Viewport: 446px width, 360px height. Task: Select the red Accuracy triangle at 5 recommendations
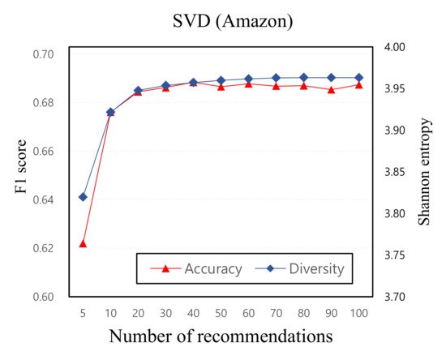83,243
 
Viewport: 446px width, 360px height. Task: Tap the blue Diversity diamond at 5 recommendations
83,196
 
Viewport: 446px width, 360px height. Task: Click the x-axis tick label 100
358,311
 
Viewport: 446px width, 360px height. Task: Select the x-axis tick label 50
221,311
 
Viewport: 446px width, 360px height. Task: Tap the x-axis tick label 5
83,311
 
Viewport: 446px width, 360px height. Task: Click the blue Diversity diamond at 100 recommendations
358,78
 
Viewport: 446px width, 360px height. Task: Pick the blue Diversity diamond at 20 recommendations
138,90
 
